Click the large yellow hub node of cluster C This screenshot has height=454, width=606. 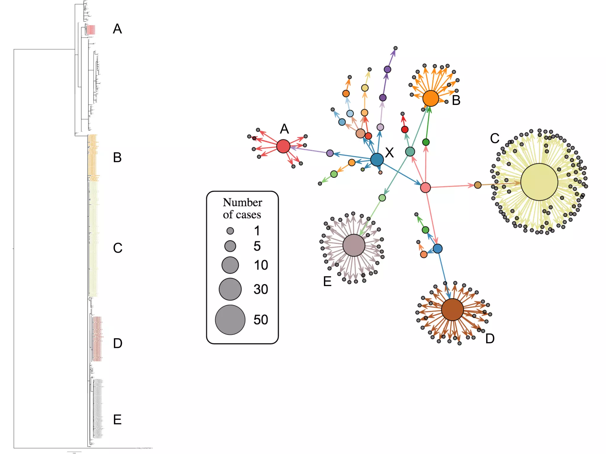[x=539, y=182]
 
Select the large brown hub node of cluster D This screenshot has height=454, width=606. [x=452, y=309]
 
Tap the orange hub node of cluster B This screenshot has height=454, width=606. [x=431, y=98]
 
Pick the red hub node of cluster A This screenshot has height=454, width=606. [x=283, y=146]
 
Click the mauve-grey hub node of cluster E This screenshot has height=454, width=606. [x=354, y=245]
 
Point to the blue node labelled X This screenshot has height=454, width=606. [x=377, y=160]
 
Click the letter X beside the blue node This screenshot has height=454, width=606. [x=389, y=153]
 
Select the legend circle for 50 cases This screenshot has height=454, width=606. [x=230, y=320]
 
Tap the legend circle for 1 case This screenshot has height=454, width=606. [x=230, y=231]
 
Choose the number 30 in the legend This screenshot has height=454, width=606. [x=261, y=289]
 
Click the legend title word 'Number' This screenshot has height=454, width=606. [x=242, y=202]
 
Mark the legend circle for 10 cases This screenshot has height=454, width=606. [x=230, y=265]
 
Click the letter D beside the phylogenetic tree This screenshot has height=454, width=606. [x=117, y=343]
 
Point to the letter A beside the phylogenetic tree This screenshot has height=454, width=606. [x=117, y=29]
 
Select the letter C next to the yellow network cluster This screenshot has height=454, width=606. [x=494, y=138]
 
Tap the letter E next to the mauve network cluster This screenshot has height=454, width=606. [x=327, y=281]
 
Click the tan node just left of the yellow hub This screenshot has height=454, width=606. [x=478, y=185]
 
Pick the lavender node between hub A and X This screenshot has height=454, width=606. [x=330, y=153]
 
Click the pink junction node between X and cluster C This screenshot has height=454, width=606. [x=426, y=187]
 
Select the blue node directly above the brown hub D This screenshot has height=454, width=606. [x=438, y=249]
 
